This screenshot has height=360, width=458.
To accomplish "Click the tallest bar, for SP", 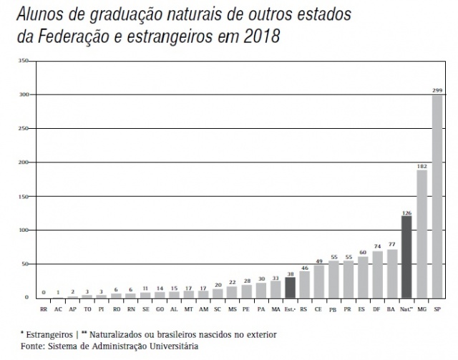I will pyautogui.click(x=437, y=196).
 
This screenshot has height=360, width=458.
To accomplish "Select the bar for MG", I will pyautogui.click(x=422, y=233).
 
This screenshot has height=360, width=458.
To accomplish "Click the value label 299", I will pyautogui.click(x=437, y=90).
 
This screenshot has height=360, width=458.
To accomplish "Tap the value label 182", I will pyautogui.click(x=422, y=165).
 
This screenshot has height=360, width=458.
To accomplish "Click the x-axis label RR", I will pyautogui.click(x=44, y=309).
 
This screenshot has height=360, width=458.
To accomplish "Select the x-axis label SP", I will pyautogui.click(x=437, y=309).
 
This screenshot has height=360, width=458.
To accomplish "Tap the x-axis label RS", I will pyautogui.click(x=305, y=309).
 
